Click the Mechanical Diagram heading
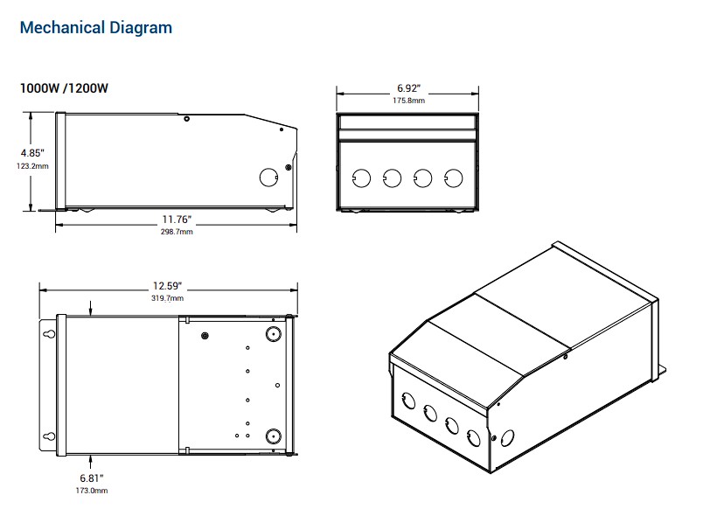(95, 28)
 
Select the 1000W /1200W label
(64, 88)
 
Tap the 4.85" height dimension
(32, 152)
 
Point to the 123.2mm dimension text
(32, 166)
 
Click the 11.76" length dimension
(176, 219)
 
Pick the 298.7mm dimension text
(176, 232)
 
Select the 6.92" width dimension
(407, 88)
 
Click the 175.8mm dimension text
(407, 101)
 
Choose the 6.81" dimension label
(91, 478)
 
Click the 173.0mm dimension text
(91, 491)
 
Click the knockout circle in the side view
(268, 177)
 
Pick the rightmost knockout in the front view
(453, 178)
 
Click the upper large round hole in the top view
(272, 334)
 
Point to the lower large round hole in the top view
(272, 435)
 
